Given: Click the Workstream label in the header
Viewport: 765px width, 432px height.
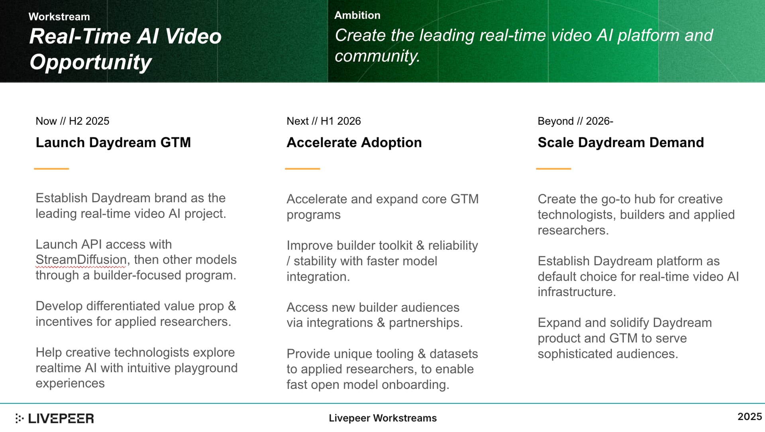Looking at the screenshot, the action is pyautogui.click(x=59, y=17).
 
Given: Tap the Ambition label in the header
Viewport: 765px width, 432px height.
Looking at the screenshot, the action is pyautogui.click(x=357, y=15).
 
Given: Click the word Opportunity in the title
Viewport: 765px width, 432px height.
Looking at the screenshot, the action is pyautogui.click(x=90, y=63).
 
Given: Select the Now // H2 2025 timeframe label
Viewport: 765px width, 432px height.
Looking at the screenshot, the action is pyautogui.click(x=73, y=121).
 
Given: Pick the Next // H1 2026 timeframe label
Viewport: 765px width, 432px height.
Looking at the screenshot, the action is pyautogui.click(x=324, y=121).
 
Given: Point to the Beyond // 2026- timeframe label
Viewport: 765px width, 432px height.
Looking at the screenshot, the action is pyautogui.click(x=575, y=121).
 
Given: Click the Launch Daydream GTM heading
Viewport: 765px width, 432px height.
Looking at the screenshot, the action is pyautogui.click(x=113, y=142).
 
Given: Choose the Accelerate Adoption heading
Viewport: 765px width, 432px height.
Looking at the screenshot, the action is pyautogui.click(x=354, y=142).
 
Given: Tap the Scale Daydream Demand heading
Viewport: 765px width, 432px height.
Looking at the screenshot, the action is pyautogui.click(x=621, y=142).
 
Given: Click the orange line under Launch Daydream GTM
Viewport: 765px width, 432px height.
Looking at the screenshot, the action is pyautogui.click(x=51, y=169).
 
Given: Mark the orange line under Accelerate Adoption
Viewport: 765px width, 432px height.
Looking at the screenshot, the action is pyautogui.click(x=302, y=169).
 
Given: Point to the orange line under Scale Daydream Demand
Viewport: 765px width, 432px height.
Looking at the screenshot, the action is pyautogui.click(x=553, y=169).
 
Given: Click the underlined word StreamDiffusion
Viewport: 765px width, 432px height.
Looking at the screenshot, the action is pyautogui.click(x=81, y=260).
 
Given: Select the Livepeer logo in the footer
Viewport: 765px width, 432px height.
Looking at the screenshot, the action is pyautogui.click(x=55, y=418).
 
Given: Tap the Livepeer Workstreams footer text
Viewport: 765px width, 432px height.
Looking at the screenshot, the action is pyautogui.click(x=382, y=418).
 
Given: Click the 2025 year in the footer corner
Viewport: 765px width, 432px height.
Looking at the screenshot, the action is pyautogui.click(x=749, y=416).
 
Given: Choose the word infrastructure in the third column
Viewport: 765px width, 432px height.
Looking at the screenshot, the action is pyautogui.click(x=576, y=292).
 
